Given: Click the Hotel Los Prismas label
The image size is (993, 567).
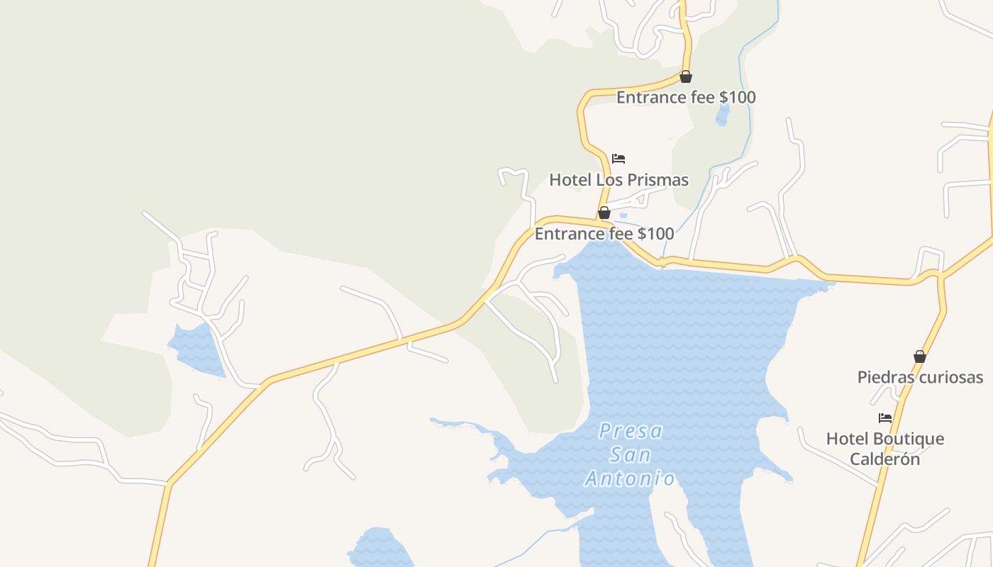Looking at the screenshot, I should (618, 180).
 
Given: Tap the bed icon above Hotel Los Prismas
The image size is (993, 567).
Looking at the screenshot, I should (618, 159).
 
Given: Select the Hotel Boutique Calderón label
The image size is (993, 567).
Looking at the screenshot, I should (885, 449).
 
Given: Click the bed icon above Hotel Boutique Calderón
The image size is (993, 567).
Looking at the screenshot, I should (885, 418).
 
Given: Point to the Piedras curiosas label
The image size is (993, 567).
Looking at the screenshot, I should (920, 377).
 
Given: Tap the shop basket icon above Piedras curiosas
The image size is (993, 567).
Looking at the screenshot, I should (920, 357).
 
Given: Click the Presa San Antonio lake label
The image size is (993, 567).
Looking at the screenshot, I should (630, 454).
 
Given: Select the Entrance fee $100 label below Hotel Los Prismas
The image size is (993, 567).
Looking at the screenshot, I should (604, 233).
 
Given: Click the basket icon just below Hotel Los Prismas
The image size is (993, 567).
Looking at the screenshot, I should (604, 213).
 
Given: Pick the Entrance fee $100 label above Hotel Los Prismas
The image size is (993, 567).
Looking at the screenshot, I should (686, 97).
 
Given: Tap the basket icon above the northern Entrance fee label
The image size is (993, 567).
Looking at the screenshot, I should (686, 77).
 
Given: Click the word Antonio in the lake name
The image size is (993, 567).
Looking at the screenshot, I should (630, 478).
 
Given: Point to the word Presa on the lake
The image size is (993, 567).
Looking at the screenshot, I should (631, 431).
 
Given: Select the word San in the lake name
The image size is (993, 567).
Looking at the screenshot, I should (631, 454).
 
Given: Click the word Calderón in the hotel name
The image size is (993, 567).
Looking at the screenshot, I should (885, 459).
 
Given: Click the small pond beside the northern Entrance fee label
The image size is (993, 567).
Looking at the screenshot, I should (722, 114).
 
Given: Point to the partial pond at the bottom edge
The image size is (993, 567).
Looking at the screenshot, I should (379, 549).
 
